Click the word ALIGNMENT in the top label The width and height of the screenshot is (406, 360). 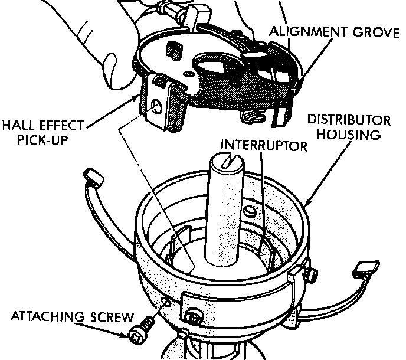click(306, 31)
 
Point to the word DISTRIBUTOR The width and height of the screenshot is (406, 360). click(349, 121)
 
